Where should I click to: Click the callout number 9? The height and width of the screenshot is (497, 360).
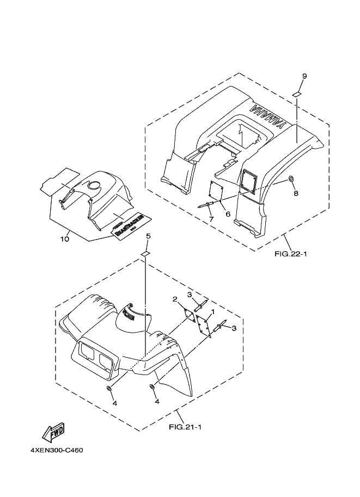coord(304,76)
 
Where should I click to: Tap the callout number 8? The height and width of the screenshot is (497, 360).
coord(296,193)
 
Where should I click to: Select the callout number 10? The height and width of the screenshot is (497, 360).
coord(65,238)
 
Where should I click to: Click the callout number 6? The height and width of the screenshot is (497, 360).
coord(228,214)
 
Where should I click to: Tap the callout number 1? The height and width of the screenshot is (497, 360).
coord(213,312)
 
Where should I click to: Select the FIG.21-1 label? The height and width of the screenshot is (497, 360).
coord(186,426)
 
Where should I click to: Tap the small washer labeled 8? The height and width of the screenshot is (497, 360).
coord(292,179)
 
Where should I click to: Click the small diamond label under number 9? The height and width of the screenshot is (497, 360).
coord(297,94)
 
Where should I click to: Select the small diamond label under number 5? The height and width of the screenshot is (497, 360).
coord(145,254)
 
